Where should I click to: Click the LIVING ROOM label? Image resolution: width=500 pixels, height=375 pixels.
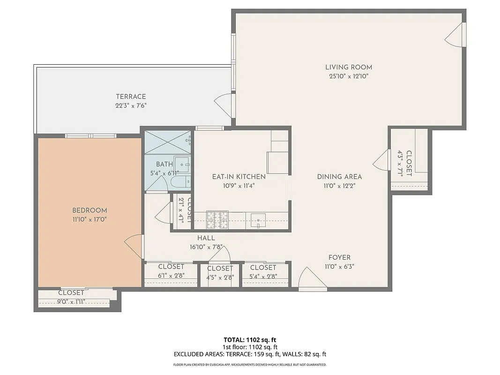tap(349, 67)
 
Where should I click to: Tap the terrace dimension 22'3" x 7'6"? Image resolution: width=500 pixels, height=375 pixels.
tap(131, 105)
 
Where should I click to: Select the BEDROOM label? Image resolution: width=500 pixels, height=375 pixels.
tap(90, 210)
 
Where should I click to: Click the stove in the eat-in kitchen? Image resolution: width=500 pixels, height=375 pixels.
tap(217, 220)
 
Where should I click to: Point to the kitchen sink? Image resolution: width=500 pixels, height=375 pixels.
tap(258, 219)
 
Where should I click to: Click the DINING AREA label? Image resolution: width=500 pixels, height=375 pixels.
tap(339, 177)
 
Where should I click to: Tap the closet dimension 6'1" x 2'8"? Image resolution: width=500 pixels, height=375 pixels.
tap(171, 276)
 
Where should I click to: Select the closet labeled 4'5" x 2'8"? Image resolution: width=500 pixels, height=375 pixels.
tap(220, 272)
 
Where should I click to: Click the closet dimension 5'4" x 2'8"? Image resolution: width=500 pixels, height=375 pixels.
tap(263, 276)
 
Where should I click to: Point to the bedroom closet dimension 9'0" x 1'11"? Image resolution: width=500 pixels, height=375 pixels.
tap(71, 301)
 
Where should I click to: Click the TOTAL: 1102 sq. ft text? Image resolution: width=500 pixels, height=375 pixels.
tap(250, 340)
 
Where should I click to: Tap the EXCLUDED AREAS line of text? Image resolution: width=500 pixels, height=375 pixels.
tap(250, 354)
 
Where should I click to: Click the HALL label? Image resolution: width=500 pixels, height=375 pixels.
tap(206, 238)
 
